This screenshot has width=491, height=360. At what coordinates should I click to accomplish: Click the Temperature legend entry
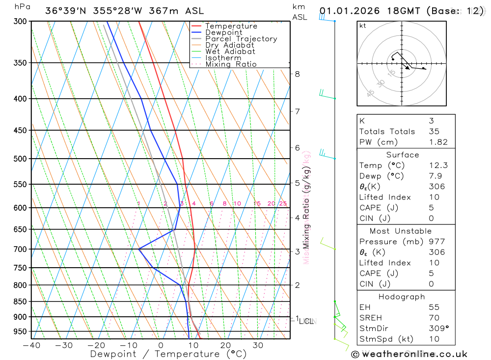click(x=231, y=26)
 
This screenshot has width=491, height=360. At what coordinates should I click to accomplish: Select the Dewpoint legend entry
click(x=223, y=32)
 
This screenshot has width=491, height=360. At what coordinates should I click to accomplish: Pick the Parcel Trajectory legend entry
click(x=241, y=39)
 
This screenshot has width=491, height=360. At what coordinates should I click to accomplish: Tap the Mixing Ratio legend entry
click(x=231, y=64)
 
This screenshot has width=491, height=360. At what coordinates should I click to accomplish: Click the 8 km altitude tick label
click(x=297, y=74)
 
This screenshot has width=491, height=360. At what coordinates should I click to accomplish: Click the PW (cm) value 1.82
click(x=438, y=142)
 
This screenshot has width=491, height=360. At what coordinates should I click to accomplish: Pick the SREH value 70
click(x=434, y=318)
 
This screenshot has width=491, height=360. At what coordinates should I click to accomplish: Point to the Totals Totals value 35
click(x=434, y=131)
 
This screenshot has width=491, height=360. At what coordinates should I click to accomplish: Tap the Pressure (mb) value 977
click(x=436, y=242)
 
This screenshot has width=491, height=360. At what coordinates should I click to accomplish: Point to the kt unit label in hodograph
click(x=363, y=26)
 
